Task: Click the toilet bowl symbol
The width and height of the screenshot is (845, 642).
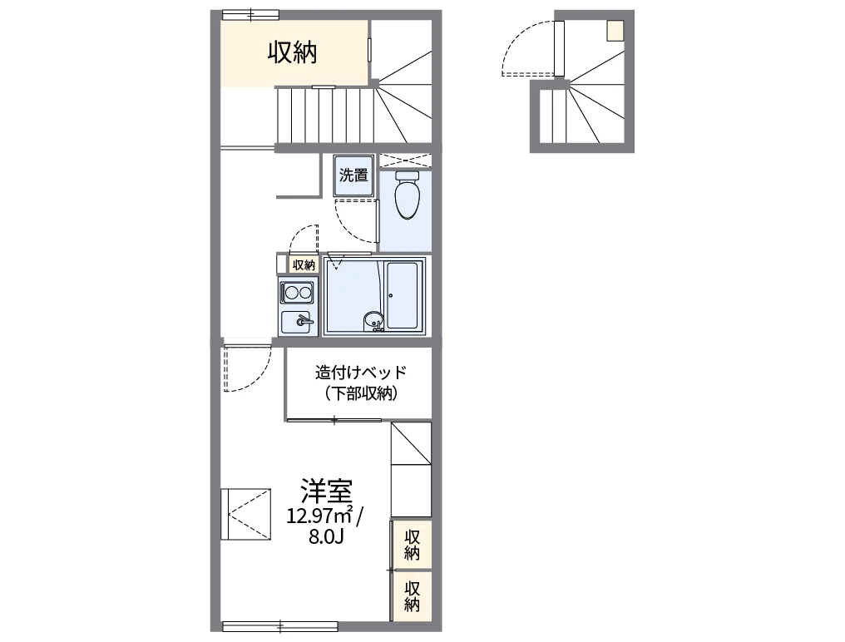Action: tap(408, 195)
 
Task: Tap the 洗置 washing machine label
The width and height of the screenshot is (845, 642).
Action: tap(353, 175)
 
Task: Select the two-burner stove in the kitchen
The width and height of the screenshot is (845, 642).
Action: tap(296, 293)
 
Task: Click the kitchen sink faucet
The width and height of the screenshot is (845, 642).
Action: tap(304, 322)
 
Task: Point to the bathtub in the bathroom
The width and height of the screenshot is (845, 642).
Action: tap(403, 295)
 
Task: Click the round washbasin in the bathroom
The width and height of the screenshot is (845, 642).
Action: tap(373, 322)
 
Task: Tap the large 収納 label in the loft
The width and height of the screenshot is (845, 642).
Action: tap(293, 52)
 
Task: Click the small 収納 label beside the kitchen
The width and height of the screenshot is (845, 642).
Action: tap(304, 264)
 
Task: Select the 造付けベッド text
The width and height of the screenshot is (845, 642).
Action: tap(361, 372)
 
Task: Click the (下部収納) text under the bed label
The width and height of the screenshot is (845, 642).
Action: tap(361, 393)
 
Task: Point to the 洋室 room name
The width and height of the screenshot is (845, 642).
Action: tap(326, 491)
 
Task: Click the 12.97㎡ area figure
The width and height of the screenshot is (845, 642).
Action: tap(319, 516)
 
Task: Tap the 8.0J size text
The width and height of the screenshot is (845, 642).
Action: tap(326, 537)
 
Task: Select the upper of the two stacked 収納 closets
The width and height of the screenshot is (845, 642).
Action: tap(412, 545)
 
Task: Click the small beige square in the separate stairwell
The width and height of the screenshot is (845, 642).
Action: tap(615, 31)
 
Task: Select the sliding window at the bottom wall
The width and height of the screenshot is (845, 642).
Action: tap(280, 626)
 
